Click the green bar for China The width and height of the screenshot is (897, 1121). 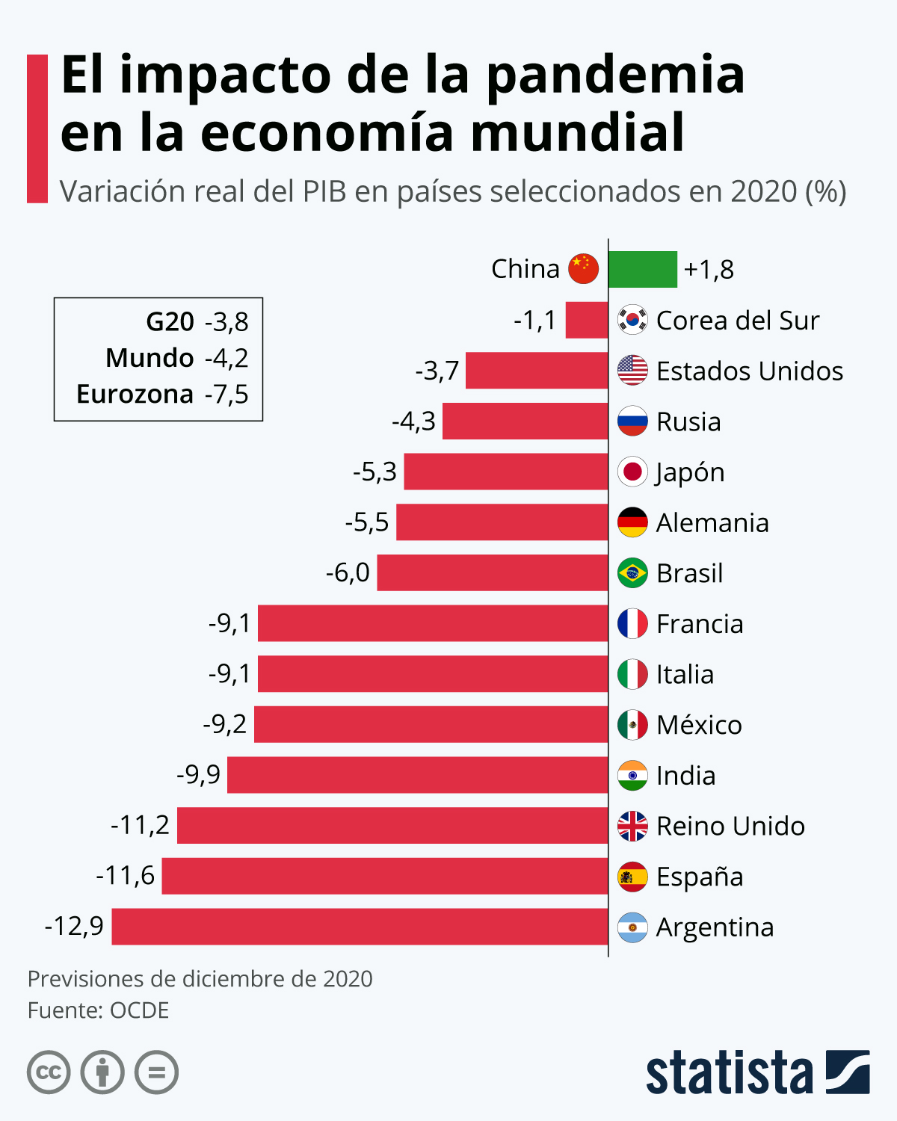(642, 269)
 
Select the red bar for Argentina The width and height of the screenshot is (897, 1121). (360, 927)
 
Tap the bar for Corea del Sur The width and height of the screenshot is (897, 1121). (586, 320)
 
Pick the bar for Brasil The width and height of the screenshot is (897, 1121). (492, 572)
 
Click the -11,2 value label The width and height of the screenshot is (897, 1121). (140, 825)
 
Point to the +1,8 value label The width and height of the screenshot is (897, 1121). (709, 269)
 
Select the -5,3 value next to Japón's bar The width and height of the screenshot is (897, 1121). (374, 472)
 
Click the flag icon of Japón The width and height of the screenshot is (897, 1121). (632, 472)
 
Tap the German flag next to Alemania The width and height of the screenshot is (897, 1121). (632, 522)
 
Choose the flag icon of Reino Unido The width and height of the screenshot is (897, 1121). (632, 826)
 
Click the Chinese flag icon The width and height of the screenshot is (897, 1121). (584, 269)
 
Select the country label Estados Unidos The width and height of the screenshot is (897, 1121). (750, 371)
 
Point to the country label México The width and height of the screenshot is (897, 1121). (699, 725)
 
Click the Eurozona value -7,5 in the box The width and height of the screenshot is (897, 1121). (226, 394)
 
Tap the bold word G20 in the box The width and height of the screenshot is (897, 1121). (170, 322)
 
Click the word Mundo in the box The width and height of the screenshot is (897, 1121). (149, 358)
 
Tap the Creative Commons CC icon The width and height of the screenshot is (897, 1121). (49, 1073)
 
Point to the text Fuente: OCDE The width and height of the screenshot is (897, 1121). (98, 1010)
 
